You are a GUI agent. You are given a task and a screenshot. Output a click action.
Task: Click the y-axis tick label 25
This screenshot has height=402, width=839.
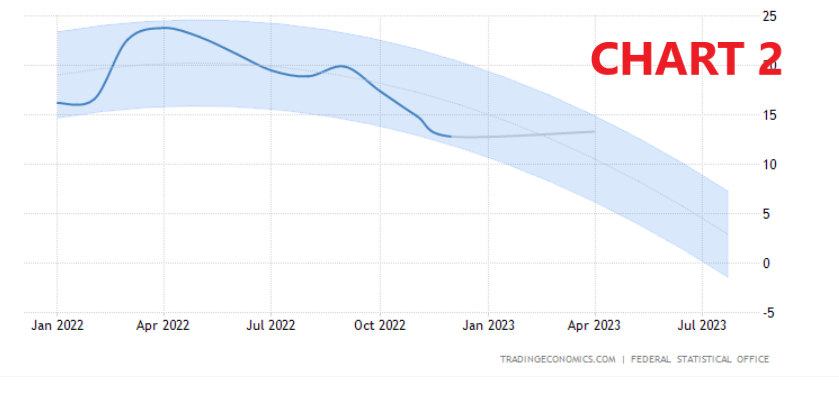click(x=768, y=16)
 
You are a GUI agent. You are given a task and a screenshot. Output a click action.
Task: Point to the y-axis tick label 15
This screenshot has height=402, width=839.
click(x=768, y=115)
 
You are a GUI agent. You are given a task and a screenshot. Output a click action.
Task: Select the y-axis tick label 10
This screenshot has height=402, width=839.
click(x=768, y=164)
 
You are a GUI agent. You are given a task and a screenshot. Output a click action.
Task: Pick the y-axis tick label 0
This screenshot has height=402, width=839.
click(x=767, y=263)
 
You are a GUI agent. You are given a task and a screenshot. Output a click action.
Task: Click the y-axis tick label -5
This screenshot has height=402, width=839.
click(x=768, y=312)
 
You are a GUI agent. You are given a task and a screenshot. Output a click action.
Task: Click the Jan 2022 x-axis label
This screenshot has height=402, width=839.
click(x=57, y=326)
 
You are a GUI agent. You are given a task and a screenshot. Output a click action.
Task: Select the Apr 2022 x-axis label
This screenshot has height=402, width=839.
click(x=163, y=326)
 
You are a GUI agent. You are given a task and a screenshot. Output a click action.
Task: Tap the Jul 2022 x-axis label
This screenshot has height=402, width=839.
click(x=271, y=326)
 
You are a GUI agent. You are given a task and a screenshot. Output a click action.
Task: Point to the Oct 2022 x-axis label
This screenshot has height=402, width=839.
click(x=380, y=326)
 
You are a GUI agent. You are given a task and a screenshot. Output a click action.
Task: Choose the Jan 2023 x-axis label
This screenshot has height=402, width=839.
click(x=488, y=326)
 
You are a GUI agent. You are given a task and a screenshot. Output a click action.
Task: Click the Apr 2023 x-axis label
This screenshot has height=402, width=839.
click(x=594, y=326)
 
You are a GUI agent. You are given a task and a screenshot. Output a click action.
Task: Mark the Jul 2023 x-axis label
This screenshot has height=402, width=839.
click(x=702, y=326)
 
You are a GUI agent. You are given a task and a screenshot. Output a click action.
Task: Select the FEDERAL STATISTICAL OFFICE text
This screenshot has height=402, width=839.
click(x=700, y=359)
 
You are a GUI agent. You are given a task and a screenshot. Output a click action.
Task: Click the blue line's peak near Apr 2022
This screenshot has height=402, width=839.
click(x=161, y=27)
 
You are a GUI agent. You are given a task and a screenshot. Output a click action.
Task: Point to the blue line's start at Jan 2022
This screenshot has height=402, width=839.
click(x=58, y=102)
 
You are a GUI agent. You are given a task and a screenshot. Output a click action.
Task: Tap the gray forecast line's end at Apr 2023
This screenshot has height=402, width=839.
click(x=595, y=131)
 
